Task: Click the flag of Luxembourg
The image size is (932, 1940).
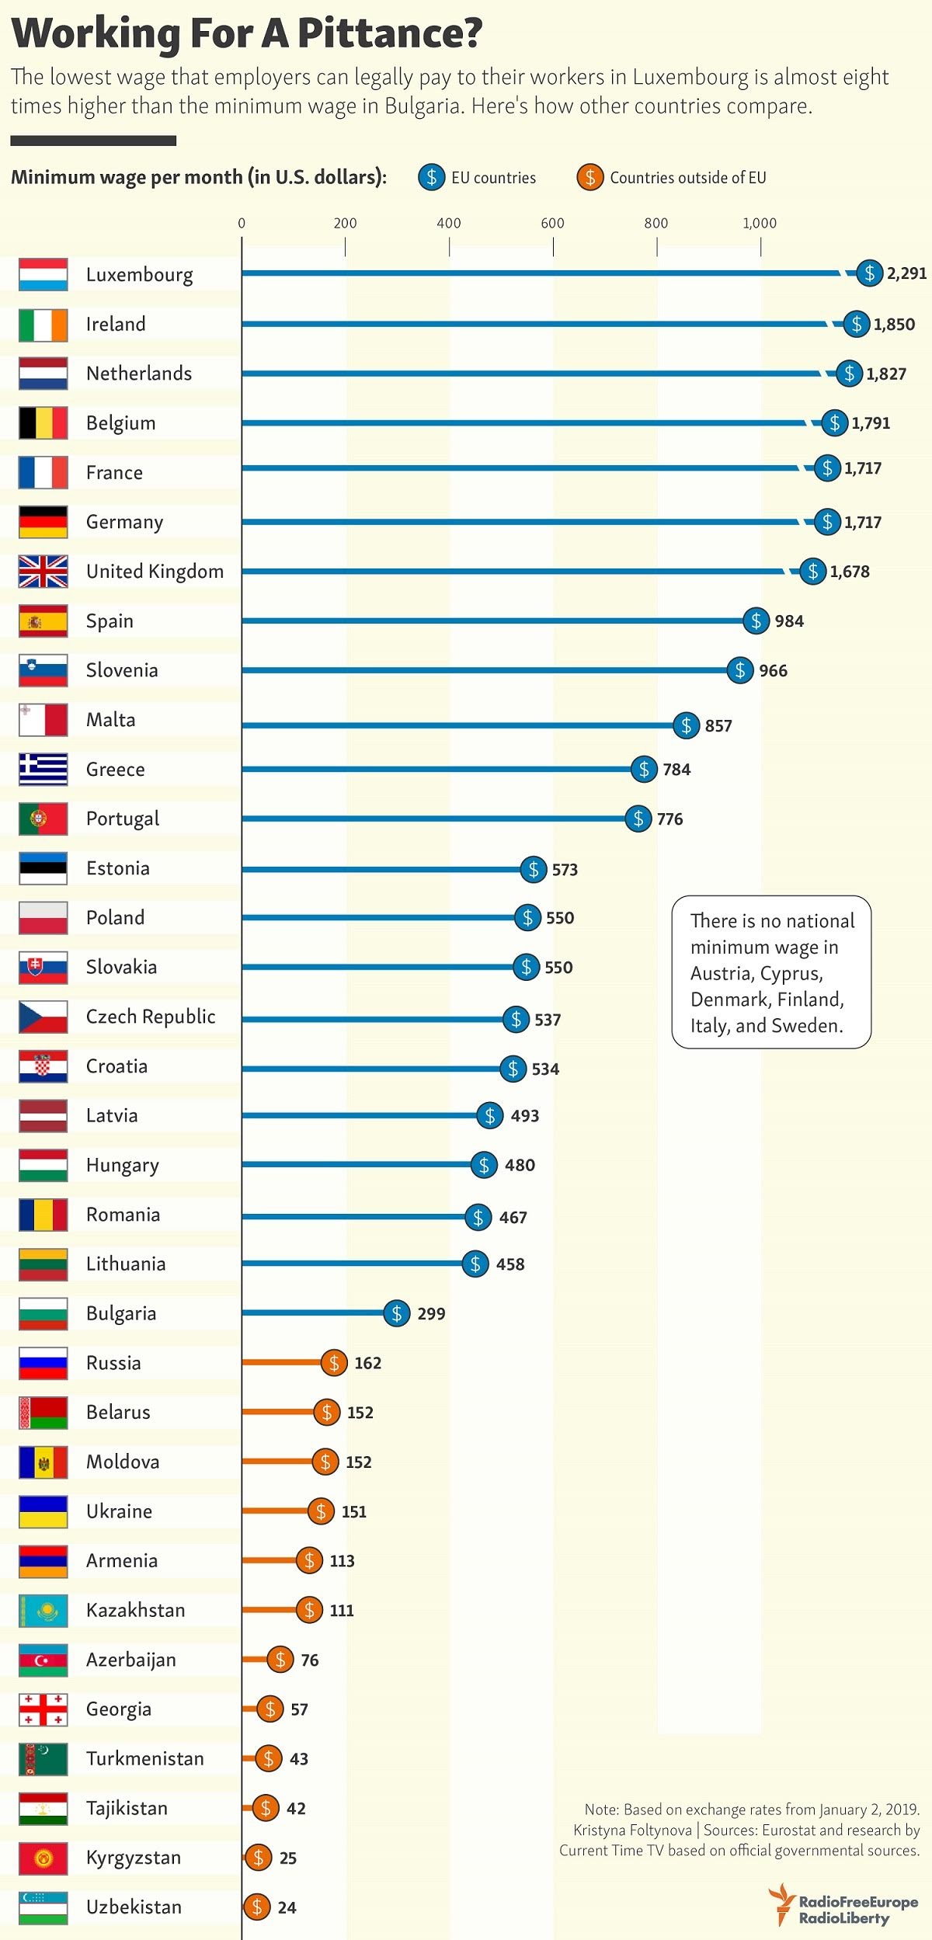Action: click(43, 275)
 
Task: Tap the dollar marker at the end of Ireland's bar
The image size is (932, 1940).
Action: click(856, 324)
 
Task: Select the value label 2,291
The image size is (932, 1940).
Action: click(906, 273)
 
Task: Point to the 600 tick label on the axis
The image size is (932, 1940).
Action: click(552, 224)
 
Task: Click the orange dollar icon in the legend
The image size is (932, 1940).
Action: click(590, 177)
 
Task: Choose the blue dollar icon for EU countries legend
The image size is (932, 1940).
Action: click(431, 177)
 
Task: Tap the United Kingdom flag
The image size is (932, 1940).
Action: click(43, 572)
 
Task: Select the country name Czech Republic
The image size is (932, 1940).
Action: click(151, 1017)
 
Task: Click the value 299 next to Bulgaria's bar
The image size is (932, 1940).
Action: click(431, 1313)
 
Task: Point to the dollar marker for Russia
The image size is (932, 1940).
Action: click(334, 1362)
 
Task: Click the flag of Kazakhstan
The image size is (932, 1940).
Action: click(43, 1611)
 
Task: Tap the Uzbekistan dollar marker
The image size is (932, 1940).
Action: click(257, 1907)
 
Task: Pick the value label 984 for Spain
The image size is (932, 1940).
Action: click(788, 621)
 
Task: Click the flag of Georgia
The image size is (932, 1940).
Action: click(43, 1709)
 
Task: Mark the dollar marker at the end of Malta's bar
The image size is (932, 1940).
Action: click(686, 725)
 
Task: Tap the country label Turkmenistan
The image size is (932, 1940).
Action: click(145, 1758)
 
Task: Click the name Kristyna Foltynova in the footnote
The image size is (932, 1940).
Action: click(632, 1830)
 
